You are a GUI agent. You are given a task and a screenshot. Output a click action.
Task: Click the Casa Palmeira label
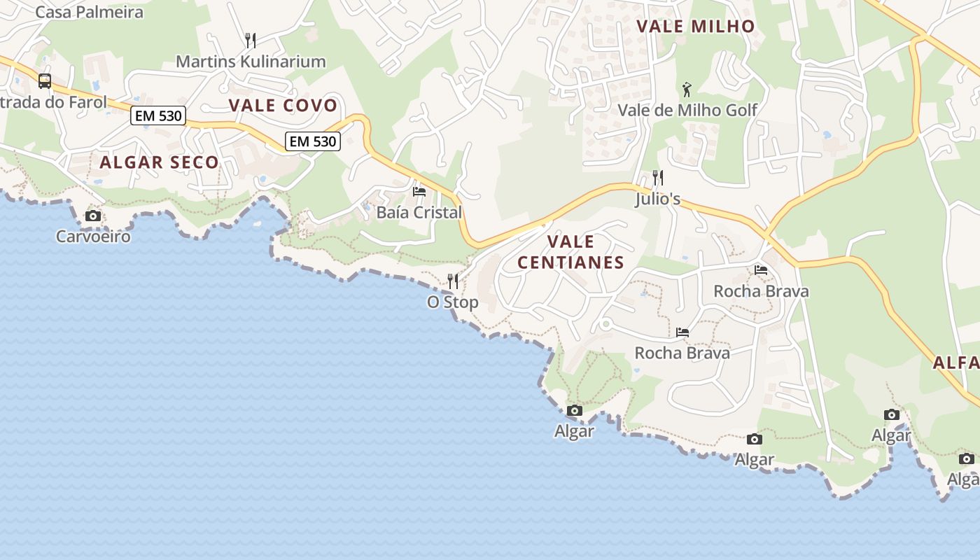[x=89, y=12]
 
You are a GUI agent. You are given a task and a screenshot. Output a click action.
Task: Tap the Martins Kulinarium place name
[x=251, y=62]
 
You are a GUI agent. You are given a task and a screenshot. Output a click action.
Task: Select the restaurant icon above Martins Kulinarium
[x=251, y=41]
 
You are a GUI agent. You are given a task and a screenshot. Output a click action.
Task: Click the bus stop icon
[x=45, y=80]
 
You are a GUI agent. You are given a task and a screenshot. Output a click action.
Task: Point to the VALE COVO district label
[x=283, y=106]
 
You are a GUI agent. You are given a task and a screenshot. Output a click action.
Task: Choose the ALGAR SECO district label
[x=159, y=162]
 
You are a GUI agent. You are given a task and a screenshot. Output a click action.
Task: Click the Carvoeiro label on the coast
[x=93, y=236]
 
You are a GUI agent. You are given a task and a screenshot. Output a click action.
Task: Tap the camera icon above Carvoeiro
[x=93, y=216]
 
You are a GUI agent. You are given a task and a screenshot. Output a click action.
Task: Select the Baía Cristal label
[x=419, y=212]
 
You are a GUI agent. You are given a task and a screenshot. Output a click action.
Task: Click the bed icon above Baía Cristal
[x=419, y=191]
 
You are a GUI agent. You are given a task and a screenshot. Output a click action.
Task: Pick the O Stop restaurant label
[x=453, y=302]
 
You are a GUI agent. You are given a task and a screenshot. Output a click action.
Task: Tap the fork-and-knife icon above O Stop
[x=453, y=281]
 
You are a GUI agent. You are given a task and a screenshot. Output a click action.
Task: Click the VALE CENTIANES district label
[x=570, y=252]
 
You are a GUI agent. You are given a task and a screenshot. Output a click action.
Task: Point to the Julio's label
[x=658, y=199]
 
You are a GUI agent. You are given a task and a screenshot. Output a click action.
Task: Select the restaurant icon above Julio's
[x=657, y=178]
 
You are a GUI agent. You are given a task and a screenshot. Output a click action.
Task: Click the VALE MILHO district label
[x=696, y=27]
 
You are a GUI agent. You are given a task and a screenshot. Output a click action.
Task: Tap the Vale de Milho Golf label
[x=687, y=110]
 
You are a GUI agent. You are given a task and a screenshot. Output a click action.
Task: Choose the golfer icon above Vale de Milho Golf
[x=687, y=89]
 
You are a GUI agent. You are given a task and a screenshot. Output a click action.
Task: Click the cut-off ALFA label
[x=956, y=363]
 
